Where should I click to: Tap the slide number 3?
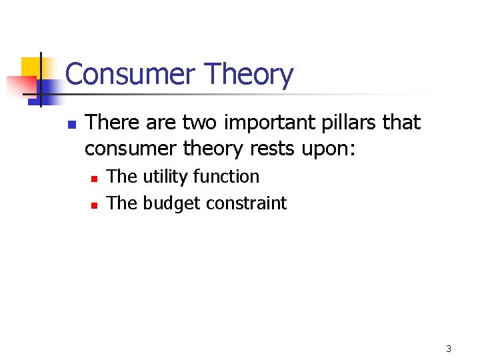tap(449, 349)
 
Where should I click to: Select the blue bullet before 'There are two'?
tap(73, 124)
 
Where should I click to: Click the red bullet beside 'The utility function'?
tap(95, 179)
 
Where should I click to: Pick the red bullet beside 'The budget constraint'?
tap(95, 205)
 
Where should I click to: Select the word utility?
tap(166, 177)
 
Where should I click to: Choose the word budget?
tap(173, 204)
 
